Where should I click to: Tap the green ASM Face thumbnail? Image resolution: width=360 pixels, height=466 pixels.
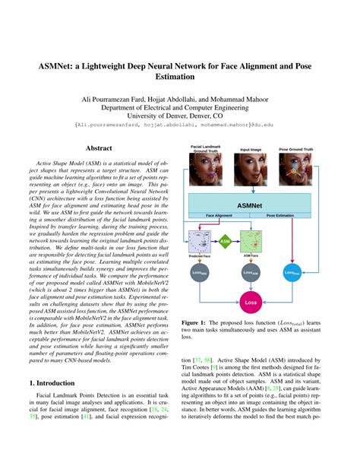pyautogui.click(x=251, y=242)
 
